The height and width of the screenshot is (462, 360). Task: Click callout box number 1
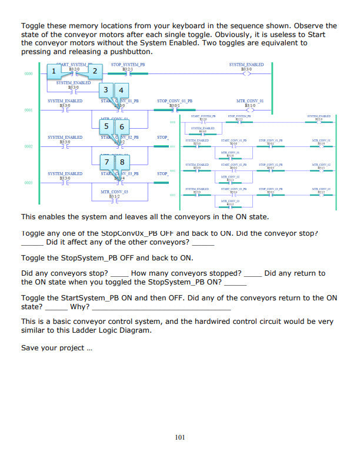[54, 72]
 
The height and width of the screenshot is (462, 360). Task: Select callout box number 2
[95, 72]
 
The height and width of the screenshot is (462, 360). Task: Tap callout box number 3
[105, 90]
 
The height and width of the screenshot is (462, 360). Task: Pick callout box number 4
[121, 90]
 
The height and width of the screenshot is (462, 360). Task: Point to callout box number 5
[106, 126]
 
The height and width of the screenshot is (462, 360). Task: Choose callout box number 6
[122, 126]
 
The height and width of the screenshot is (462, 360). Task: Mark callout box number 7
[106, 162]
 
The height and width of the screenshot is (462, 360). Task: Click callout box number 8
[122, 162]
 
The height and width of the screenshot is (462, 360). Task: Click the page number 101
[181, 437]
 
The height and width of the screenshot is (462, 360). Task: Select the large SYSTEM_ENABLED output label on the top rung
[247, 65]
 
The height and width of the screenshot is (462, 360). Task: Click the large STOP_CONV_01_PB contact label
[175, 101]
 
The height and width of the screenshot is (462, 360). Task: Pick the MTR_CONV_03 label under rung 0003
[114, 192]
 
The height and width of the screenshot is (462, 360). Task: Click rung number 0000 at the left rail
[28, 74]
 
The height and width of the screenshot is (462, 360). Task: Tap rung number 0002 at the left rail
[28, 146]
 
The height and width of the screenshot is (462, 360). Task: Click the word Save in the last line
[30, 347]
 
